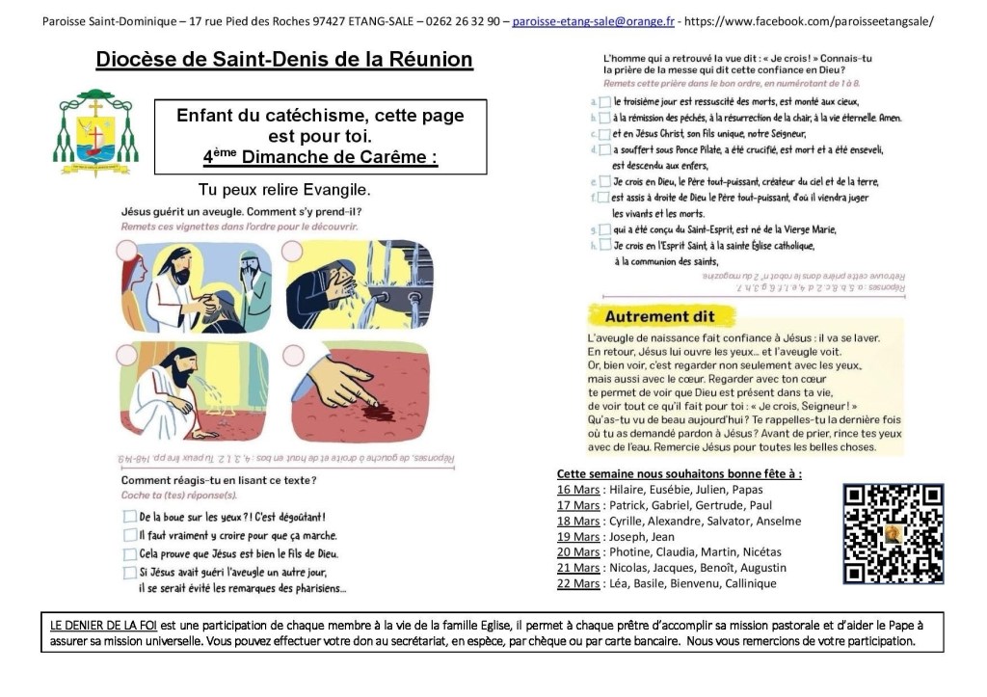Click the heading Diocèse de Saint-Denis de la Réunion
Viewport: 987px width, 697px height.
284,60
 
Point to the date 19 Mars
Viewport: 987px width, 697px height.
577,537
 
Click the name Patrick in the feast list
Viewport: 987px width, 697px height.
631,506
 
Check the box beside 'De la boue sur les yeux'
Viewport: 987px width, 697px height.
129,517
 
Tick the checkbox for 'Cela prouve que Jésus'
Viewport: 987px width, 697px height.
129,553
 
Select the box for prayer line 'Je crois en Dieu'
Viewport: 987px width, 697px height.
603,181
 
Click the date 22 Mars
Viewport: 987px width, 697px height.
578,583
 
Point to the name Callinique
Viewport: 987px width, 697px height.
745,583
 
